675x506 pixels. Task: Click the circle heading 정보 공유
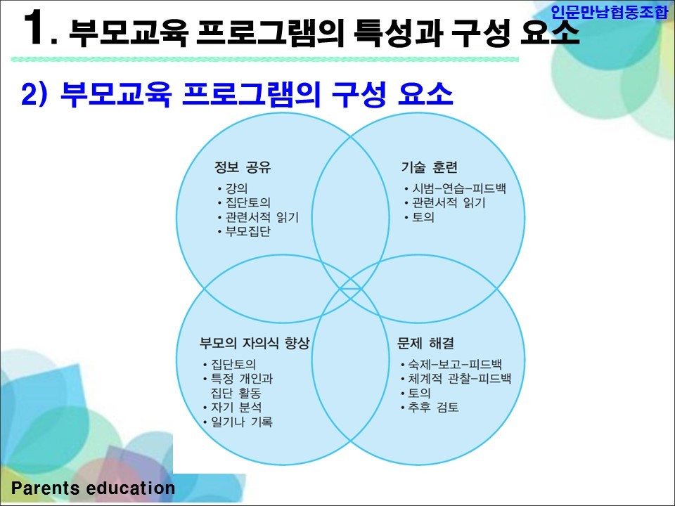click(243, 167)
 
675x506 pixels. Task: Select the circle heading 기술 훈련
click(429, 167)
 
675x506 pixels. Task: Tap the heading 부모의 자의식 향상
click(255, 343)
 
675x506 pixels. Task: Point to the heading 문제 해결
click(425, 343)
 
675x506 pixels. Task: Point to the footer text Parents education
click(93, 488)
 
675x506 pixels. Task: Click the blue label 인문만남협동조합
click(609, 12)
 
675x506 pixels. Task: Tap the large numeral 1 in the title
click(34, 28)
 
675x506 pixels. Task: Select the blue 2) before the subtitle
click(34, 93)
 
